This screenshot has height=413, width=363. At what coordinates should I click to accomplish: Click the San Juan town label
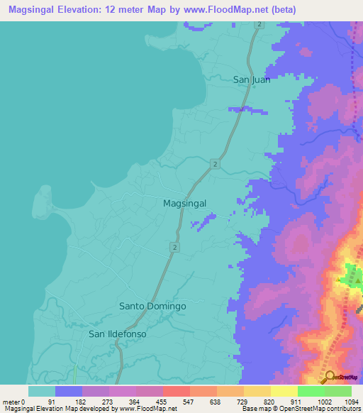pyautogui.click(x=252, y=79)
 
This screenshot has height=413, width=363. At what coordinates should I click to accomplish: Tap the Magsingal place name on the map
pyautogui.click(x=184, y=203)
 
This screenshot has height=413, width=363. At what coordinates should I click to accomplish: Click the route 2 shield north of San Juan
pyautogui.click(x=259, y=25)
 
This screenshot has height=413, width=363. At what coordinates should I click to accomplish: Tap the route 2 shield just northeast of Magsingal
pyautogui.click(x=213, y=164)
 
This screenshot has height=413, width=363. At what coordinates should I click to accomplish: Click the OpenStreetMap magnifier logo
pyautogui.click(x=330, y=377)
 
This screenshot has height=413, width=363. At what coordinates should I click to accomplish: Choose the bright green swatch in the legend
pyautogui.click(x=311, y=391)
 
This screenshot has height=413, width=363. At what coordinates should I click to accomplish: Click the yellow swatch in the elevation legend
pyautogui.click(x=284, y=391)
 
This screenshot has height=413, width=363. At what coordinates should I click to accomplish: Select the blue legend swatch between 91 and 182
pyautogui.click(x=69, y=391)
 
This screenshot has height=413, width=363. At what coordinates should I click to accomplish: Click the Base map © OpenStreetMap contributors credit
pyautogui.click(x=301, y=409)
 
